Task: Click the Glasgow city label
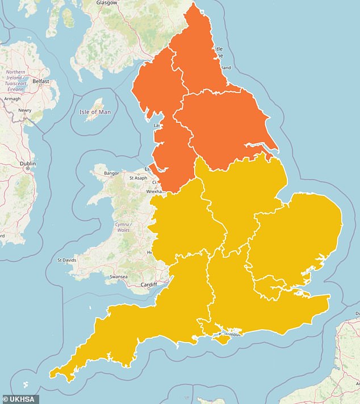106,3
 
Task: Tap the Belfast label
41,81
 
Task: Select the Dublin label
28,164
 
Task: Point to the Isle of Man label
95,112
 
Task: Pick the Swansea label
118,277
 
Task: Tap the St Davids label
67,261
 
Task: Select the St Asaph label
138,178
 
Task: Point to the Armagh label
12,99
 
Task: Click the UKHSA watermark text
20,399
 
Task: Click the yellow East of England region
295,239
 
